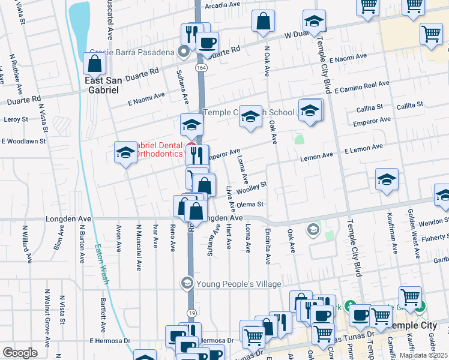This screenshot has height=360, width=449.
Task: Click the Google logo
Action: [x=20, y=352]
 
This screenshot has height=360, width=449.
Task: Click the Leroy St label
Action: [x=16, y=119]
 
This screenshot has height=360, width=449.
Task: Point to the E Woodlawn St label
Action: [x=25, y=142]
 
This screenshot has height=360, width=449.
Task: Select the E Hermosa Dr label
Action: [x=110, y=341]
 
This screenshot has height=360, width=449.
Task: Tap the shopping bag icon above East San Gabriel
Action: [x=95, y=62]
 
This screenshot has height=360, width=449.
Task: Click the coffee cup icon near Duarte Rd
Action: [x=207, y=43]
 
